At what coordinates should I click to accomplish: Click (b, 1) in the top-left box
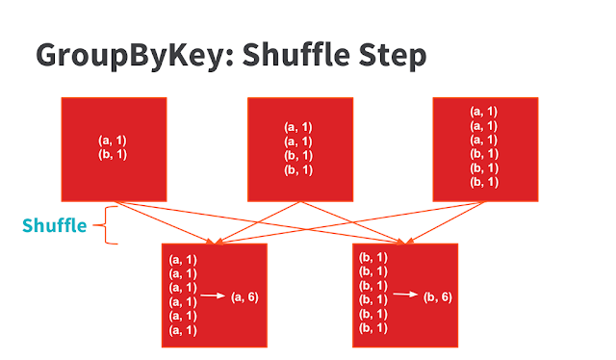pyautogui.click(x=114, y=154)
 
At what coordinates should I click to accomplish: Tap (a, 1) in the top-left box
pyautogui.click(x=114, y=141)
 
